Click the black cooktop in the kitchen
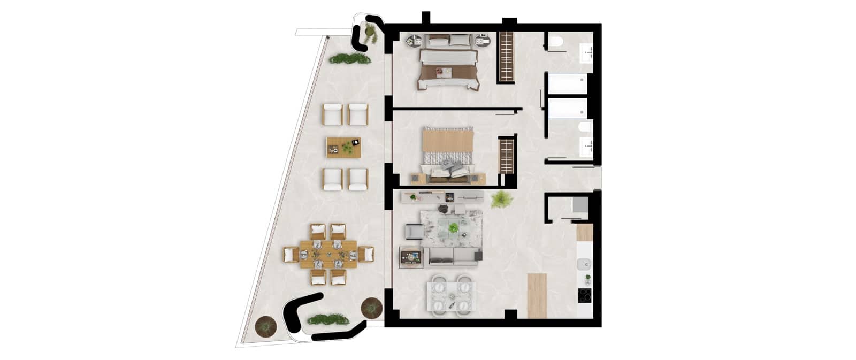585,295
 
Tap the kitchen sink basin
585,263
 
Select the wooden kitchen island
538,296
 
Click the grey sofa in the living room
453,256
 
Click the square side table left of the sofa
411,256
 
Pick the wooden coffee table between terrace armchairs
343,147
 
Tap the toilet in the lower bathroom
584,128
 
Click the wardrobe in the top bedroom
506,57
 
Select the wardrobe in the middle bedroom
506,155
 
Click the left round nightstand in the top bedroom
415,41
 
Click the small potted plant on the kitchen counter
587,278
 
